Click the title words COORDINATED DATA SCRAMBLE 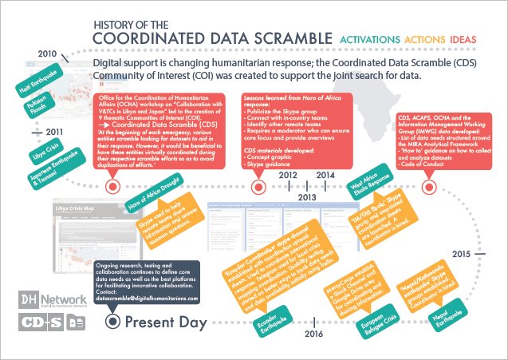[x=211, y=38]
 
